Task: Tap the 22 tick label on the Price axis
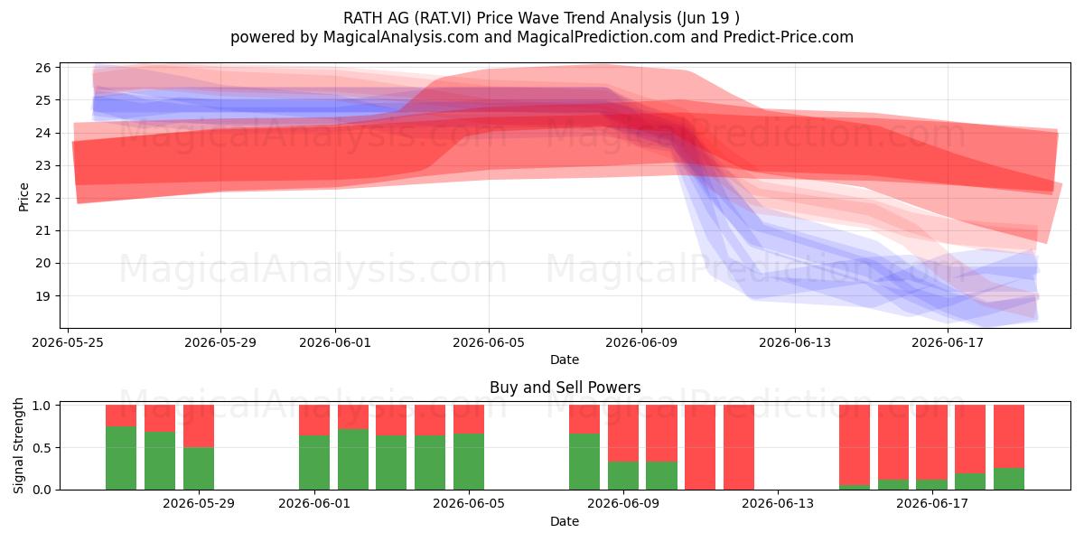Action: coord(42,199)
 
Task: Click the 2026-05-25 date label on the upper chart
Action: coord(68,343)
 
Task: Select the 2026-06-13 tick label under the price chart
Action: coord(795,343)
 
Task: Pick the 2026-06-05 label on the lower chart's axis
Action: coord(469,504)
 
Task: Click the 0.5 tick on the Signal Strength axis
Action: coord(42,448)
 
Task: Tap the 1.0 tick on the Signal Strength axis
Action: coord(42,406)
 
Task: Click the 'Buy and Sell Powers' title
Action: coord(565,388)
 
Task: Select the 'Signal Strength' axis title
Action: coord(18,445)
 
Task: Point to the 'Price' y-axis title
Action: coord(23,197)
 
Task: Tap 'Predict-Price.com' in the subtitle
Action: coord(789,37)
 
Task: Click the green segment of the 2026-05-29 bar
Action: coord(199,469)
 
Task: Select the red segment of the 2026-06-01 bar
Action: coord(314,420)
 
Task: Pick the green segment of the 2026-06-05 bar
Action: coord(469,462)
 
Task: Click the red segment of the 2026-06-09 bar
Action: coord(622,433)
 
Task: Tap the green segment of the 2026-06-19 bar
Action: coord(1008,479)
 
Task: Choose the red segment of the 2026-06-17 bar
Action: coord(931,443)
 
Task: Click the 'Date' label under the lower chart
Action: coord(565,522)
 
